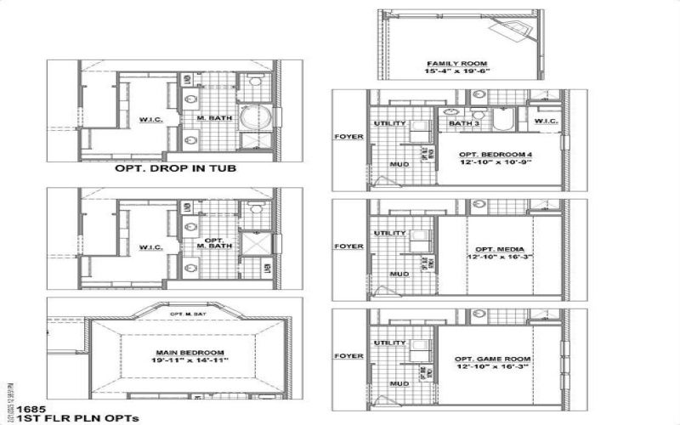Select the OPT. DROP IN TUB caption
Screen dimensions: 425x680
pyautogui.click(x=175, y=168)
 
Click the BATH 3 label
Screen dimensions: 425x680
pyautogui.click(x=463, y=124)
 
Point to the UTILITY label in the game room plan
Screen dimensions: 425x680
pyautogui.click(x=388, y=343)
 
